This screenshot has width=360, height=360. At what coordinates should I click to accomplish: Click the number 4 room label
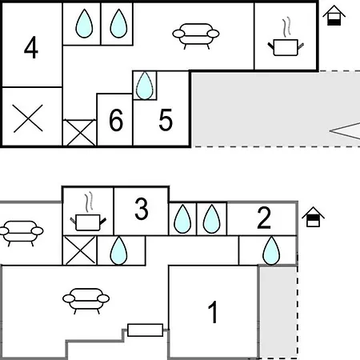pyautogui.click(x=31, y=48)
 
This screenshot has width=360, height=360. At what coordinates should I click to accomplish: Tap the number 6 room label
pyautogui.click(x=116, y=120)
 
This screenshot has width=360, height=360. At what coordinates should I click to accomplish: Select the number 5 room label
pyautogui.click(x=166, y=120)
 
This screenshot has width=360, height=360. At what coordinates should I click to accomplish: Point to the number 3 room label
pyautogui.click(x=142, y=209)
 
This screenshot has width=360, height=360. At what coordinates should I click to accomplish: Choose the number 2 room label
pyautogui.click(x=264, y=218)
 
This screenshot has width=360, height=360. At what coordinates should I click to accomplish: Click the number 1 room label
pyautogui.click(x=214, y=312)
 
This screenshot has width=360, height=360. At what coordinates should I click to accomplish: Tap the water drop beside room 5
pyautogui.click(x=145, y=86)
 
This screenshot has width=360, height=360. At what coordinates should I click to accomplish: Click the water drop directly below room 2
pyautogui.click(x=271, y=250)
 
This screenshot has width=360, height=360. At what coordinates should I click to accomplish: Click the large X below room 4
pyautogui.click(x=28, y=118)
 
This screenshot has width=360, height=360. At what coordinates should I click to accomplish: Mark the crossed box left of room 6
pyautogui.click(x=80, y=133)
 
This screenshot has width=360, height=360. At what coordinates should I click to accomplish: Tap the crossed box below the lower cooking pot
pyautogui.click(x=80, y=250)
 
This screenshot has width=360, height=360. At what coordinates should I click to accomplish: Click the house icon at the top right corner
pyautogui.click(x=334, y=15)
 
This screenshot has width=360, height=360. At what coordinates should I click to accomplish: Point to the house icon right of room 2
pyautogui.click(x=313, y=217)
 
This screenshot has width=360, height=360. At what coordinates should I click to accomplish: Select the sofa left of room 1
pyautogui.click(x=86, y=301)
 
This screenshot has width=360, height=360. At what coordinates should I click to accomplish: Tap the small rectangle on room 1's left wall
pyautogui.click(x=145, y=330)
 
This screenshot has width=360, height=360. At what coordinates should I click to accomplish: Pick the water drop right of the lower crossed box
pyautogui.click(x=118, y=250)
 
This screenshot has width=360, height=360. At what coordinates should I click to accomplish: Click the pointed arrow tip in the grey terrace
pyautogui.click(x=330, y=131)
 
